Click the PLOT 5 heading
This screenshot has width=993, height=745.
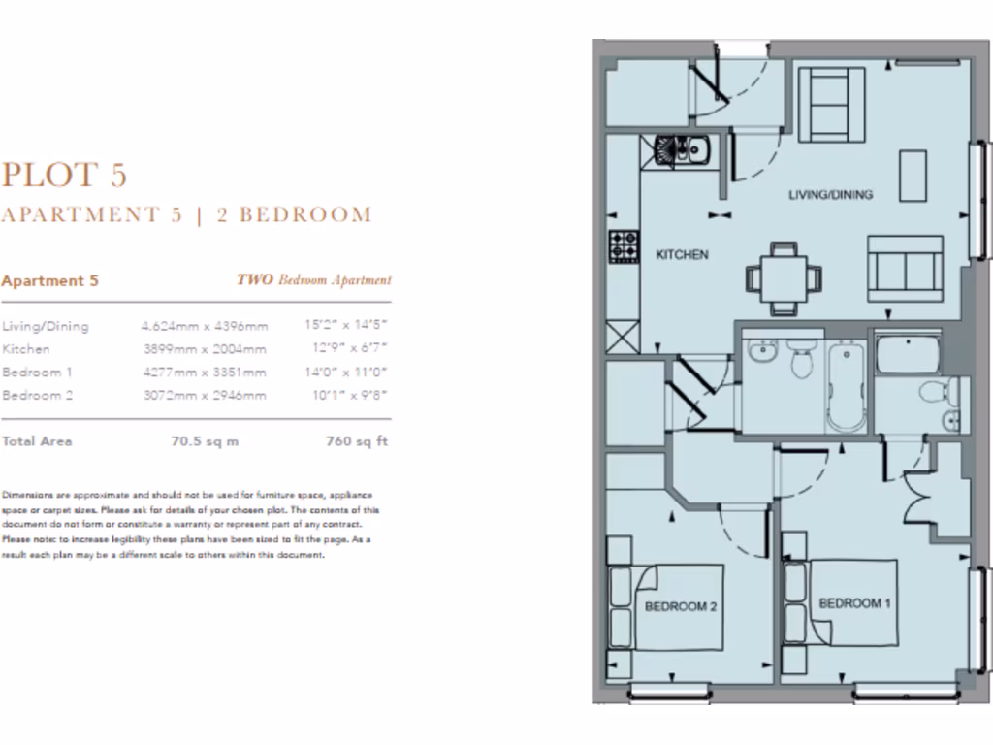coord(64,175)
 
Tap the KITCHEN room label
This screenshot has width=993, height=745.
coord(683,255)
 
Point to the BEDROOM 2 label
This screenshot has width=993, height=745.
coord(680,607)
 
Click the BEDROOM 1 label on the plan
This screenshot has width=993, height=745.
coord(855,603)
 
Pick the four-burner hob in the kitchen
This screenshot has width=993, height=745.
coord(623,246)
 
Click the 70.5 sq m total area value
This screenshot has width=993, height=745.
coord(204,441)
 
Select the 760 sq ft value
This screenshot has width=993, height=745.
coord(358,441)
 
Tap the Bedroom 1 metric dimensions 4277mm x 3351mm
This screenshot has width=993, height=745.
coord(204,372)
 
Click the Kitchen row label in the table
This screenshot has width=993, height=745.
coord(26,349)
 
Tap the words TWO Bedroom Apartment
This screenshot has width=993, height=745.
coord(314,280)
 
